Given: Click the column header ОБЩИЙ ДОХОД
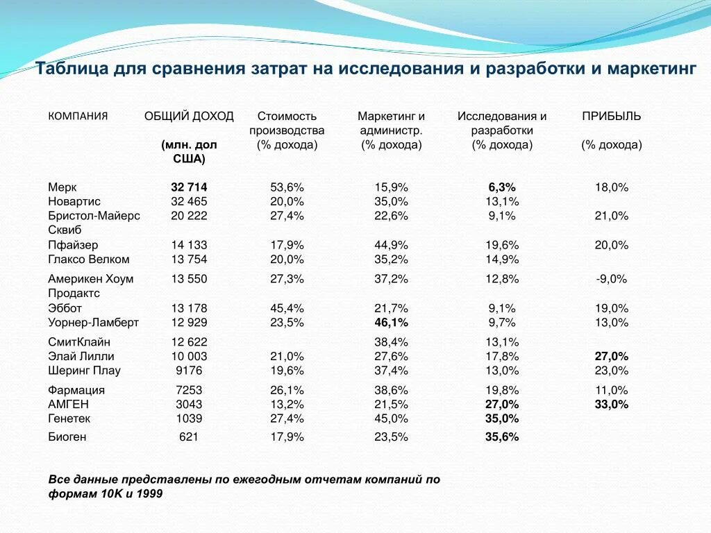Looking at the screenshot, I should pos(189,116).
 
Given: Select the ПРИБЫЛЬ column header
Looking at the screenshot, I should pos(611,116).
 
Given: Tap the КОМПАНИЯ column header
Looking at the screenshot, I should pos(78,116).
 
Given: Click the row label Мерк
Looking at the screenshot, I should pos(62,187).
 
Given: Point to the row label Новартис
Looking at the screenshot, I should pos(74,201).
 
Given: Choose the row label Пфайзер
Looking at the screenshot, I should pos(73,245).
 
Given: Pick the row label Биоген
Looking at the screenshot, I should pos(67,437).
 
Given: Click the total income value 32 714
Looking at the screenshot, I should pos(189,187).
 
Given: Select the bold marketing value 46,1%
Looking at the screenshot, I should pos(392,323).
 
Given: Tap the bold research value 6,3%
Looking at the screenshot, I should pos(502,187).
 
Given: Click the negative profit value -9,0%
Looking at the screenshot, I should pos(611,279).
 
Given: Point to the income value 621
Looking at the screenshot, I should pos(189,437).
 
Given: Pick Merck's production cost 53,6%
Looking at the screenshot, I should pos(287,187).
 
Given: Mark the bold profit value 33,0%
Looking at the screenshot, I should pos(611,405).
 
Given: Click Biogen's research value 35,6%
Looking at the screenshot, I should pos(502,437).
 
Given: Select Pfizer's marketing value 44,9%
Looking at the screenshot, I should pos(392,245).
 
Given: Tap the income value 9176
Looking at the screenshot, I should pos(189,371).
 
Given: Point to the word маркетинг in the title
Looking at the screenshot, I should pos(651,69).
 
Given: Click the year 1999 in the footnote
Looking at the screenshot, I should pos(149,493).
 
